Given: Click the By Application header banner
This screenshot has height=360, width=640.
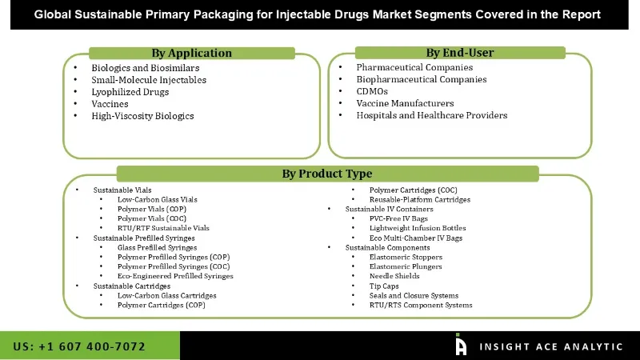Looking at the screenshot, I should (191, 54).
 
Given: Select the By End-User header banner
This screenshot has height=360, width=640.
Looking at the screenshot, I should (459, 53).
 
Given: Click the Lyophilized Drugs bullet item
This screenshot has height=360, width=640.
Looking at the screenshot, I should (130, 92).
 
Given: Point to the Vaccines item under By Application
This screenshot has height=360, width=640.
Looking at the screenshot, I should (110, 104).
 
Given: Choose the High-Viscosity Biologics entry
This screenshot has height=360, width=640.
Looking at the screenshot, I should (142, 116).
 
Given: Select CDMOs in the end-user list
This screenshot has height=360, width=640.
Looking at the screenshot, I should (372, 91).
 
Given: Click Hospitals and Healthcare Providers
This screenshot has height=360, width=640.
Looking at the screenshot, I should (431, 115).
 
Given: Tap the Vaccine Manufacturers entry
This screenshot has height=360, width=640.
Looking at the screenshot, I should (405, 103).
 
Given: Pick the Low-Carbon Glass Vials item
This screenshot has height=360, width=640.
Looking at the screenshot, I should (157, 199).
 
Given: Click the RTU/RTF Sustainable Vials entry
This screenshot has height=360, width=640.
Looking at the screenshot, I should (163, 228).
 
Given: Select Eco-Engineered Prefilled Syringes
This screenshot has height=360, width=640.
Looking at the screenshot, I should (175, 276).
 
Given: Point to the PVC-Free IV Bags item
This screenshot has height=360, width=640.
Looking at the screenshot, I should (399, 218).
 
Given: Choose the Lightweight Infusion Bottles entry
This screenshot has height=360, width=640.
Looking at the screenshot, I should (417, 228).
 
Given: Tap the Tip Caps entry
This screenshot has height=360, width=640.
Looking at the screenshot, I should (384, 286).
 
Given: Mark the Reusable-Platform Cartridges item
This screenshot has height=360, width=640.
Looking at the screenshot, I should (419, 199).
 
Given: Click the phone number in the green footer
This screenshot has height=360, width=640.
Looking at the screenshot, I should (79, 346).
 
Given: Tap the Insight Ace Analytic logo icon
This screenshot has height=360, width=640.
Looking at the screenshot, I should (461, 346).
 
